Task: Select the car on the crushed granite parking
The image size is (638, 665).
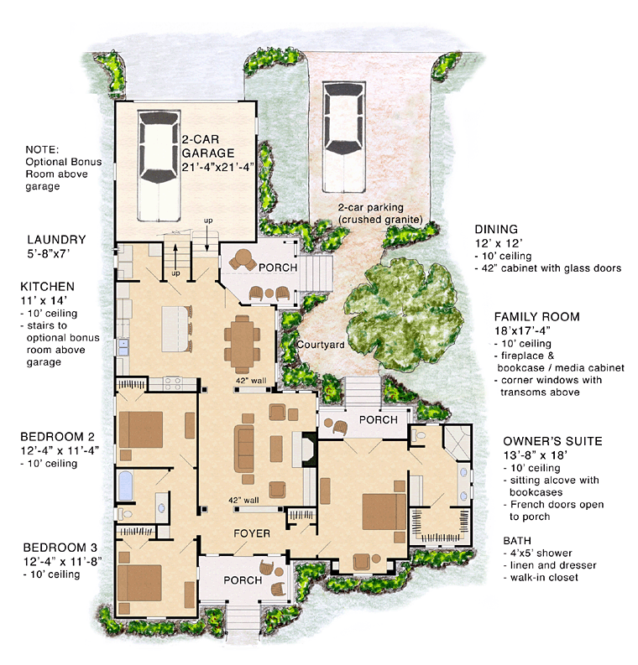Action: pyautogui.click(x=342, y=123)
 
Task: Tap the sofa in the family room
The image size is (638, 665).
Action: pyautogui.click(x=246, y=449)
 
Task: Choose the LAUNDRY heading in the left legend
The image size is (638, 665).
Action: pyautogui.click(x=56, y=239)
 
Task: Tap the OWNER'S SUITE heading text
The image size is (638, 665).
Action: pyautogui.click(x=553, y=441)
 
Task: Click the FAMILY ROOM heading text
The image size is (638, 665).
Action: pyautogui.click(x=536, y=317)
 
